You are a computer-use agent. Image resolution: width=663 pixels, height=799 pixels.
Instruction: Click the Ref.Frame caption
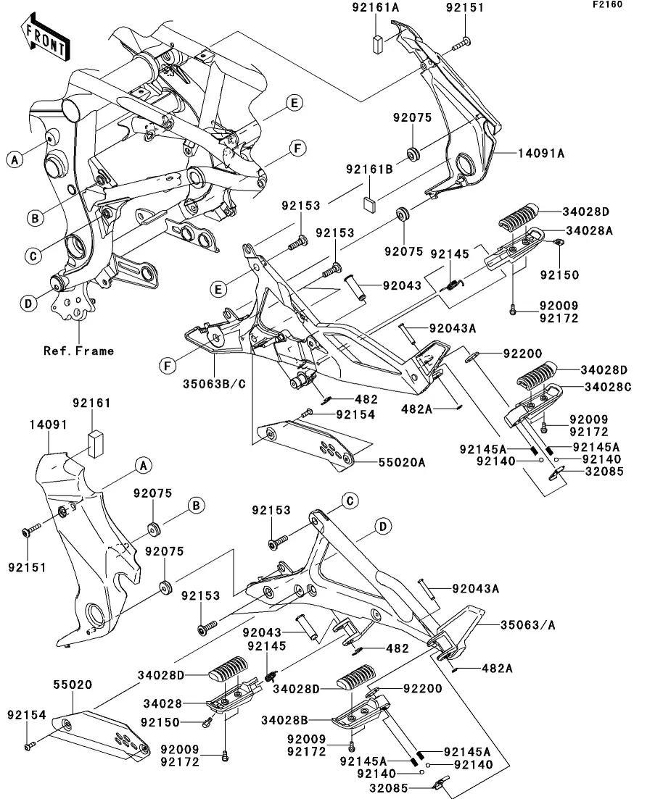tap(78, 351)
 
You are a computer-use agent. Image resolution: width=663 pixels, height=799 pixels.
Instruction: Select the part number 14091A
tap(540, 153)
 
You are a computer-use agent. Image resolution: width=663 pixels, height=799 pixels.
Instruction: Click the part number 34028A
tap(590, 230)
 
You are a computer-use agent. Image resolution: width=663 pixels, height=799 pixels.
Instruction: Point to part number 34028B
tap(287, 720)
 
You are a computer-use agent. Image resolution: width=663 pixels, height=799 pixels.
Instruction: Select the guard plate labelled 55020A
tap(308, 443)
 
